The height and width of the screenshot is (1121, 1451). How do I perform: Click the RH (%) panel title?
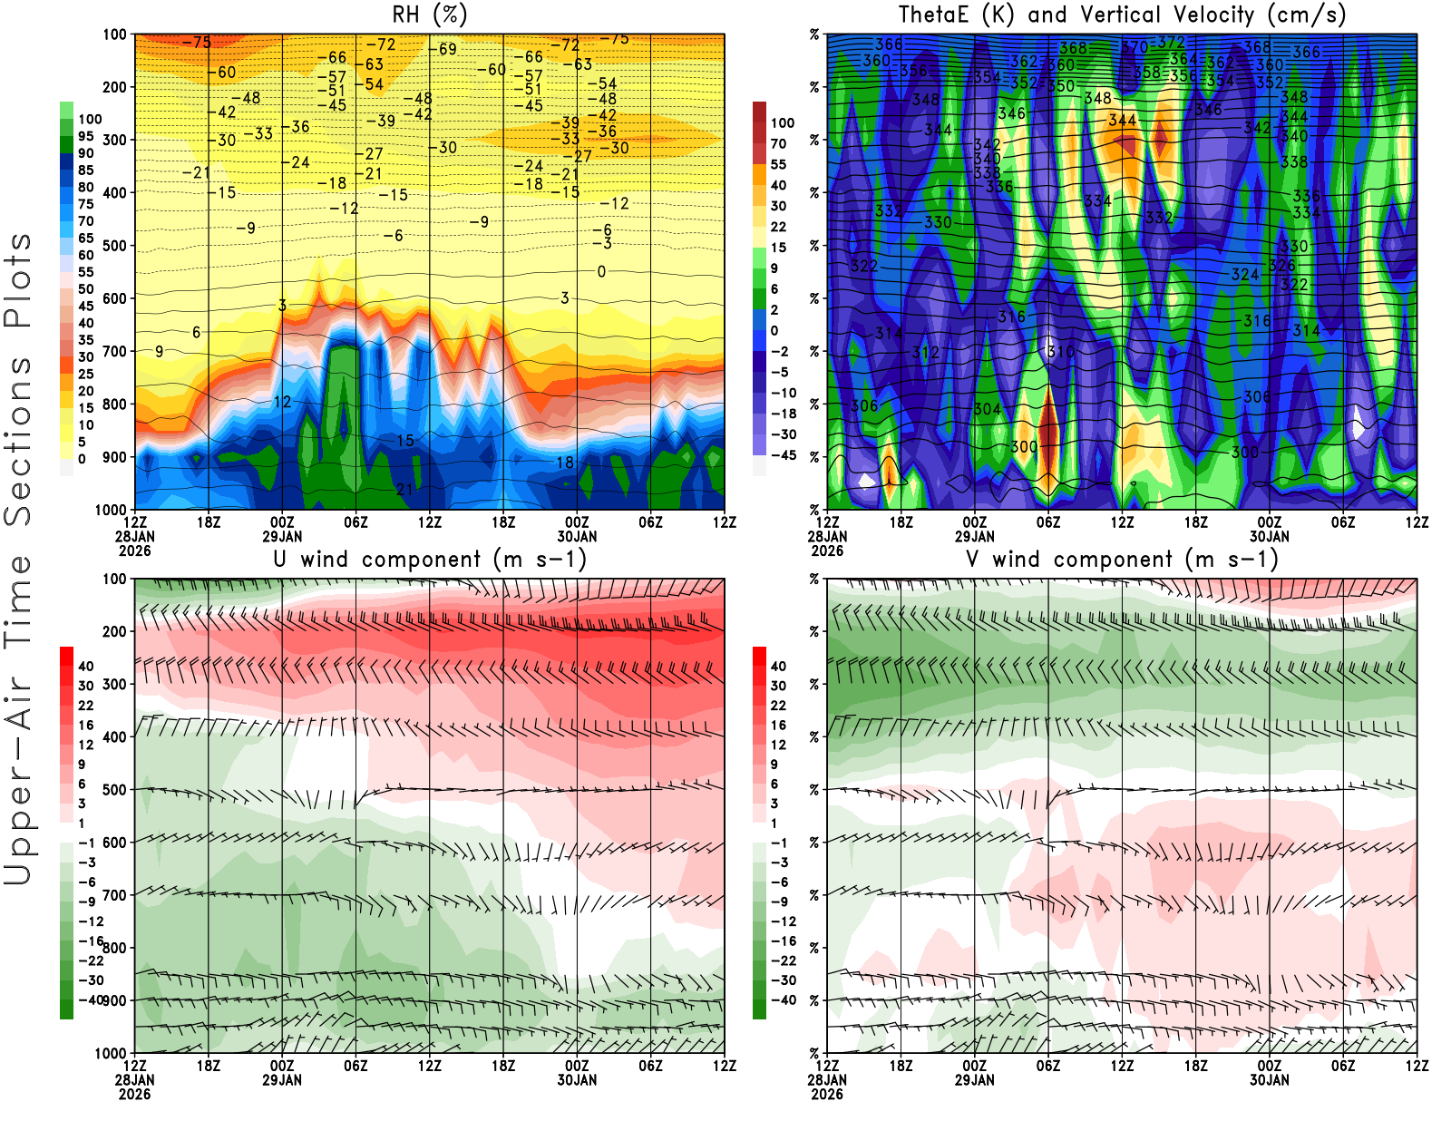click(429, 15)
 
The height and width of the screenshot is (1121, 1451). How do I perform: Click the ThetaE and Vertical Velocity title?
click(1122, 15)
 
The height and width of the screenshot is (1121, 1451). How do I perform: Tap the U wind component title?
click(430, 560)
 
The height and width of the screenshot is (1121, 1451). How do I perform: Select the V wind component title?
click(1122, 560)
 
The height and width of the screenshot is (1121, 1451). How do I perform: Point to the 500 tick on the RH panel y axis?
click(115, 246)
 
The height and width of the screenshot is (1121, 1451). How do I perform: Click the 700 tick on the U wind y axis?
click(115, 895)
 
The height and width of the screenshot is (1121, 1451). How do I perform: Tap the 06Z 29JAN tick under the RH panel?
click(355, 522)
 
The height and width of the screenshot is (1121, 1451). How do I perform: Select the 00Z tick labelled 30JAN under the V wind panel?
click(1269, 1073)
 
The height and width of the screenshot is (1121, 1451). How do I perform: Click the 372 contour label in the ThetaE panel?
click(1171, 42)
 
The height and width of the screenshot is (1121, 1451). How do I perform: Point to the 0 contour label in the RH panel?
click(601, 272)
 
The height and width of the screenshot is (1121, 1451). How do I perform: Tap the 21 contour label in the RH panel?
click(404, 490)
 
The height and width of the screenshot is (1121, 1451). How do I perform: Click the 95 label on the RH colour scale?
click(85, 136)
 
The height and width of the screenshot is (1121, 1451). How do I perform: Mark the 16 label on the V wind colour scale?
click(778, 726)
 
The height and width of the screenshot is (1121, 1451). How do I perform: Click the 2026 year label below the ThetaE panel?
click(827, 551)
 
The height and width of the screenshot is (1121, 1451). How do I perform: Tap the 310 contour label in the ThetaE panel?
click(1060, 352)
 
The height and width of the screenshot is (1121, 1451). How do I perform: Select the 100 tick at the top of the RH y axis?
click(115, 34)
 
